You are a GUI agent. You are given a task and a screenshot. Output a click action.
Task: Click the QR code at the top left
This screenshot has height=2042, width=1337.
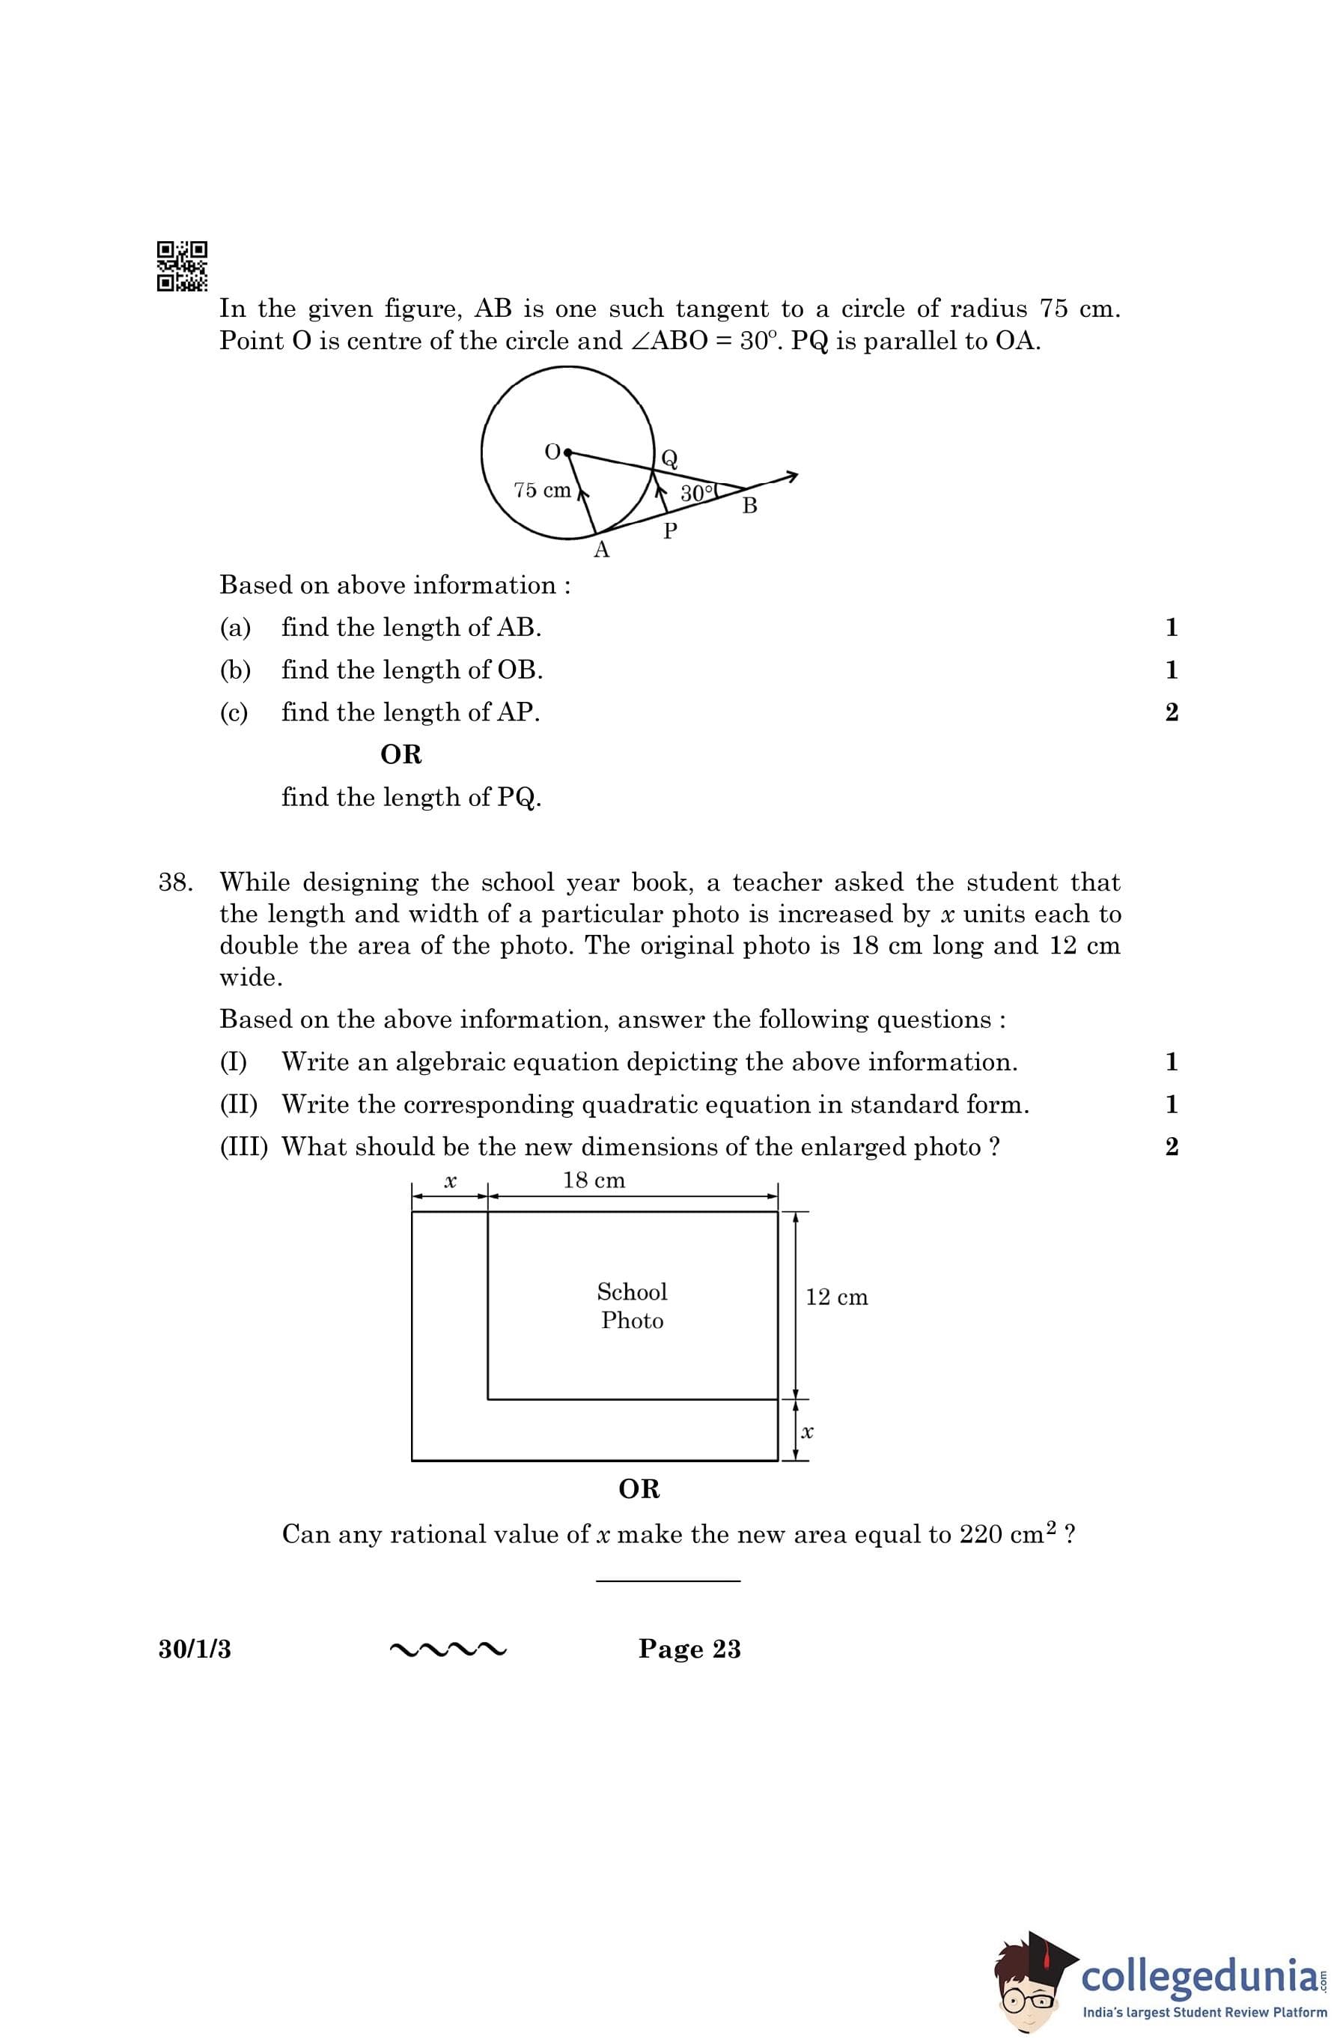coord(182,266)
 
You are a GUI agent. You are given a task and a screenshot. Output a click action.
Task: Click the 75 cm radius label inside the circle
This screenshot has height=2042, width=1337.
coord(542,490)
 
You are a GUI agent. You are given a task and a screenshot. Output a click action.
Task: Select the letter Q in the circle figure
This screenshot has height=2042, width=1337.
coord(669,458)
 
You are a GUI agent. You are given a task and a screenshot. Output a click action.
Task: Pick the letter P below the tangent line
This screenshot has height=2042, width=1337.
coord(670,532)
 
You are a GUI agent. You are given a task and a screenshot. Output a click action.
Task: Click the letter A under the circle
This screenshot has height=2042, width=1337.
coord(601,551)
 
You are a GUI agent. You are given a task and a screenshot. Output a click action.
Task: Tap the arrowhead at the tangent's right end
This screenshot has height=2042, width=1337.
coord(793,476)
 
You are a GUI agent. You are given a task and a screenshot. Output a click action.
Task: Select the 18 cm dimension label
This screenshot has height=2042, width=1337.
coord(594,1181)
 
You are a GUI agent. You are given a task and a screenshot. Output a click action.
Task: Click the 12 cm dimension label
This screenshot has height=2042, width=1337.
coord(836,1297)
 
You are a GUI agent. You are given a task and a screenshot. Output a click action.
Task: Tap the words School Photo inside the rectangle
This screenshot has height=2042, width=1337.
coord(632,1306)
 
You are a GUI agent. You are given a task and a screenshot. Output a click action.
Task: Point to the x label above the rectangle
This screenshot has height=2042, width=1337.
coord(449,1182)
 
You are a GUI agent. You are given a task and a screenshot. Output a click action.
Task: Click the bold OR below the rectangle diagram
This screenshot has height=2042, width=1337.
coord(639,1489)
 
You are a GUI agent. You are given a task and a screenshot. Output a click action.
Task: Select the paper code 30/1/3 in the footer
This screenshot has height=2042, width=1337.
coord(195,1649)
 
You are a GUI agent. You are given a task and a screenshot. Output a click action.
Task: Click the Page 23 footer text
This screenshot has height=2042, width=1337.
coord(689,1649)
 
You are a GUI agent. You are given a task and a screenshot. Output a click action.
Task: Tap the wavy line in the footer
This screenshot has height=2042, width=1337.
coord(448,1649)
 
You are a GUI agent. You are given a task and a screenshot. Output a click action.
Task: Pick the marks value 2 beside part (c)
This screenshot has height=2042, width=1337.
coord(1172,712)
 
